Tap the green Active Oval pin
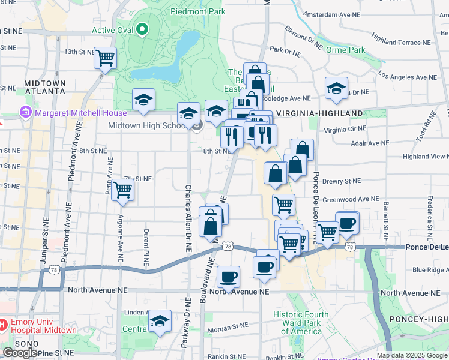coord(142,28)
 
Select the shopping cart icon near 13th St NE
coord(105,58)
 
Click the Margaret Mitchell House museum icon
coord(25,112)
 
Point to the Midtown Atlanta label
coord(44,86)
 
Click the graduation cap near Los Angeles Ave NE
coord(336,88)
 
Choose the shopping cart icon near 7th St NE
coord(123,190)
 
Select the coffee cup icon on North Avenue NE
coord(228,277)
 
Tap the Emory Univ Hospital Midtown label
coord(42,326)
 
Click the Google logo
coord(20,353)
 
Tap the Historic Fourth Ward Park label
coord(301,323)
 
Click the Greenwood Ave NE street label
coord(351,199)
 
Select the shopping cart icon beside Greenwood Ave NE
coord(283,205)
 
